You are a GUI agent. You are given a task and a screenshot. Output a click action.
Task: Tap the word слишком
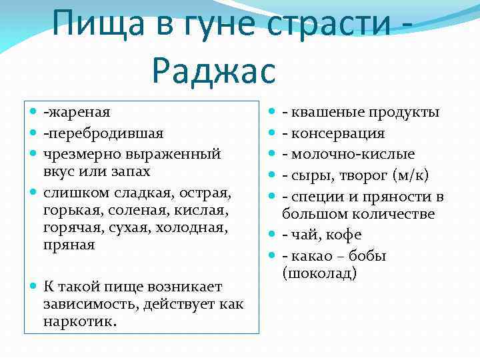73,193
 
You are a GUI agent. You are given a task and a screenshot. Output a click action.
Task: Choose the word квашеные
319,112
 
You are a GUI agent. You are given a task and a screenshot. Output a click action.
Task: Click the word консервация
338,133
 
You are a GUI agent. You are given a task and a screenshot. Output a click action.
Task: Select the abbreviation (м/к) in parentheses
409,175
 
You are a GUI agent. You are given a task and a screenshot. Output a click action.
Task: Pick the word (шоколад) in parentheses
319,273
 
